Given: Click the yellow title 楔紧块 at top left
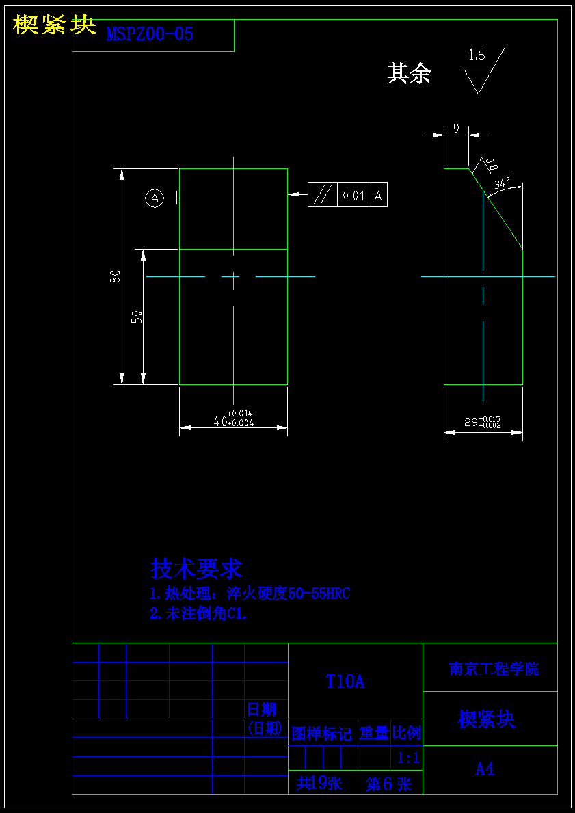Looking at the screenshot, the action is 54,25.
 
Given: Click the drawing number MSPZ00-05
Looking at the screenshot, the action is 150,35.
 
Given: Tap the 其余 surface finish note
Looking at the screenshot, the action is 409,74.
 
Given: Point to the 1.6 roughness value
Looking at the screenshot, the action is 477,56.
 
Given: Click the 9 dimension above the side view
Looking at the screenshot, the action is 456,128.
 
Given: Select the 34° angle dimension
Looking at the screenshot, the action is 503,183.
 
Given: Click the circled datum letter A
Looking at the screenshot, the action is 155,198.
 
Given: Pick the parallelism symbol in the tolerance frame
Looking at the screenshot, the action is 322,196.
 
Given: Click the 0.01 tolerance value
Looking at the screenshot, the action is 353,196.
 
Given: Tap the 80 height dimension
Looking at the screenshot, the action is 116,276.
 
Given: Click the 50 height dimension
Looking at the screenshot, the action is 137,316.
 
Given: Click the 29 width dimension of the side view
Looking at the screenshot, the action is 483,423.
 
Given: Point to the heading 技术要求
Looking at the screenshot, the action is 196,568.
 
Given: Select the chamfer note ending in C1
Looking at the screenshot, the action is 198,614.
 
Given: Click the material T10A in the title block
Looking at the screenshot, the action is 345,682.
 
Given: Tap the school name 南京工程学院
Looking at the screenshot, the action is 494,669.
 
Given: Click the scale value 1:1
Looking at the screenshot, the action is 408,758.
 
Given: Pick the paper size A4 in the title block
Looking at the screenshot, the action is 485,769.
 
